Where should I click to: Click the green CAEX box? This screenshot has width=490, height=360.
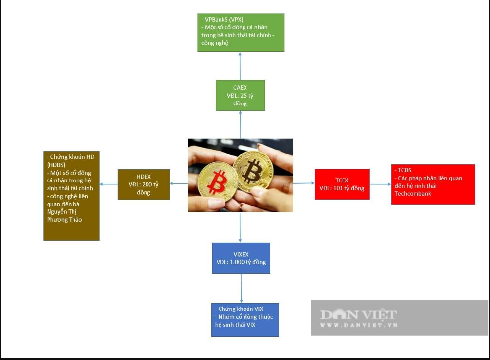240,95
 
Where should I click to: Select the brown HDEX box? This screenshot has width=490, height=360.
144,184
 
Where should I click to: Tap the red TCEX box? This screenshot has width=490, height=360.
342,184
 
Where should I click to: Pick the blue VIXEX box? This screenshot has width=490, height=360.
241,258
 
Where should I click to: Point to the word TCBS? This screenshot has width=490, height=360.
404,170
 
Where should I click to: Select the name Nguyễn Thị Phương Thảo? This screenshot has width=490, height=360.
65,216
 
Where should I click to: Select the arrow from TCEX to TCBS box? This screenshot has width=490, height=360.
380,185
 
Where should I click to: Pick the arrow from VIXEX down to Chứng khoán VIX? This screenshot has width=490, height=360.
241,288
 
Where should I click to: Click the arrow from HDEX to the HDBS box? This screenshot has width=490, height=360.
109,184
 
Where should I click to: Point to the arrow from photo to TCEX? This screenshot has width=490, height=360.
304,183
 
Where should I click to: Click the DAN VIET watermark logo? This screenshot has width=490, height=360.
359,315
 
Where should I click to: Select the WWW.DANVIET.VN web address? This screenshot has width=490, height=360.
359,325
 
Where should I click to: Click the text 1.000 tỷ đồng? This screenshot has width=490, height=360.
247,262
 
